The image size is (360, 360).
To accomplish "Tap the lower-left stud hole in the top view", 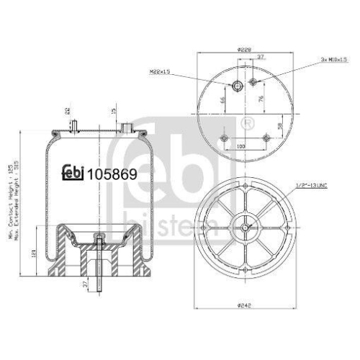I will (225, 138).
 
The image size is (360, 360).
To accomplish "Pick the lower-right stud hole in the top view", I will (266, 138).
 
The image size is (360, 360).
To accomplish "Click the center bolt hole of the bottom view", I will (246, 228).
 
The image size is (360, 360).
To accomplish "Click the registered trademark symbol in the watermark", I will (248, 123).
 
